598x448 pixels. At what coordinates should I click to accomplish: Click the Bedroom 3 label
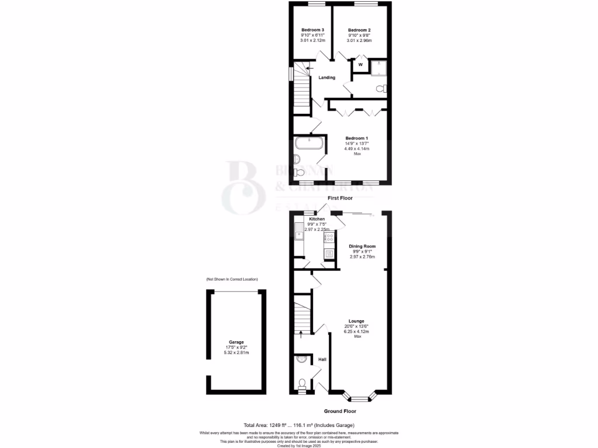coord(312,30)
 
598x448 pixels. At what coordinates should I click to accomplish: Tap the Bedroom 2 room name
coord(359,30)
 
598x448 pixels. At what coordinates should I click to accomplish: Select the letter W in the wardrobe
coord(360,64)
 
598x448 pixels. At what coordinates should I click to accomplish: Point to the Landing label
coord(326,78)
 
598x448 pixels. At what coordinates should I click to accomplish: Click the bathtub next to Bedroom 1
coord(307,143)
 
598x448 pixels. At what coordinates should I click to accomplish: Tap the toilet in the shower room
coord(381,89)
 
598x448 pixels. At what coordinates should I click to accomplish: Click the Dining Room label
coord(361,246)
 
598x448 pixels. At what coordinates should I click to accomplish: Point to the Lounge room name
coord(356,321)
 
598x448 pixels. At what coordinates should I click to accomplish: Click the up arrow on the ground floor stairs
coord(301,334)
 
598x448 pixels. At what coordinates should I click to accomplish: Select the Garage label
coord(237,342)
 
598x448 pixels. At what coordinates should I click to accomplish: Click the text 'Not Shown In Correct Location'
coord(232,280)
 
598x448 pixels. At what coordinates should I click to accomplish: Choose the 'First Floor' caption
coord(340,198)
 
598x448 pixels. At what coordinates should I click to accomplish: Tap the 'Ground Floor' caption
coord(340,411)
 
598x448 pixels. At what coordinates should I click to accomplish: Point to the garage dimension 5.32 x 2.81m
coord(237,353)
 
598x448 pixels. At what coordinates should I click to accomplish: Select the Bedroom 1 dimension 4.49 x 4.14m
coord(357,148)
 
